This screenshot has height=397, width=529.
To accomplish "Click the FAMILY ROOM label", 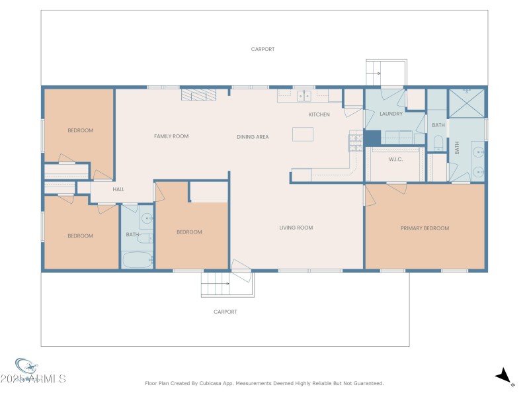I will (171, 136).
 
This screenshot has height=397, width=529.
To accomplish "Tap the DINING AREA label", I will (253, 137).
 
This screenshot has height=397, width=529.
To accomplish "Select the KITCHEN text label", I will (319, 114).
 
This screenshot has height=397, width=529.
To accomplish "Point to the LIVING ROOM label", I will (296, 228).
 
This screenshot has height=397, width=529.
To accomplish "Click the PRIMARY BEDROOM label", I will (425, 228).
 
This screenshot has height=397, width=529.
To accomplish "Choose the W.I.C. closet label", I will (396, 159).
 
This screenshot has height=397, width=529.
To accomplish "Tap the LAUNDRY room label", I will (391, 114).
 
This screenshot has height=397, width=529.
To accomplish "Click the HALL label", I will (118, 189).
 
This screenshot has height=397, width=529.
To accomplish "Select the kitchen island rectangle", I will (303, 134).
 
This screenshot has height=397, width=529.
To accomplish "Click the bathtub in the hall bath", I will (138, 260).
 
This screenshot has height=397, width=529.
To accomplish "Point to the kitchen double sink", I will (304, 96).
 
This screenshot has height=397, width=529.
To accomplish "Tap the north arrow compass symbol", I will (505, 376).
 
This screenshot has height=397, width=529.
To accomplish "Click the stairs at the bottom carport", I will (215, 287).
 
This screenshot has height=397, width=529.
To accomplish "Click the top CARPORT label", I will (263, 49).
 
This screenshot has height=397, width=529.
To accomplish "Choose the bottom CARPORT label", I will (225, 312).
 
